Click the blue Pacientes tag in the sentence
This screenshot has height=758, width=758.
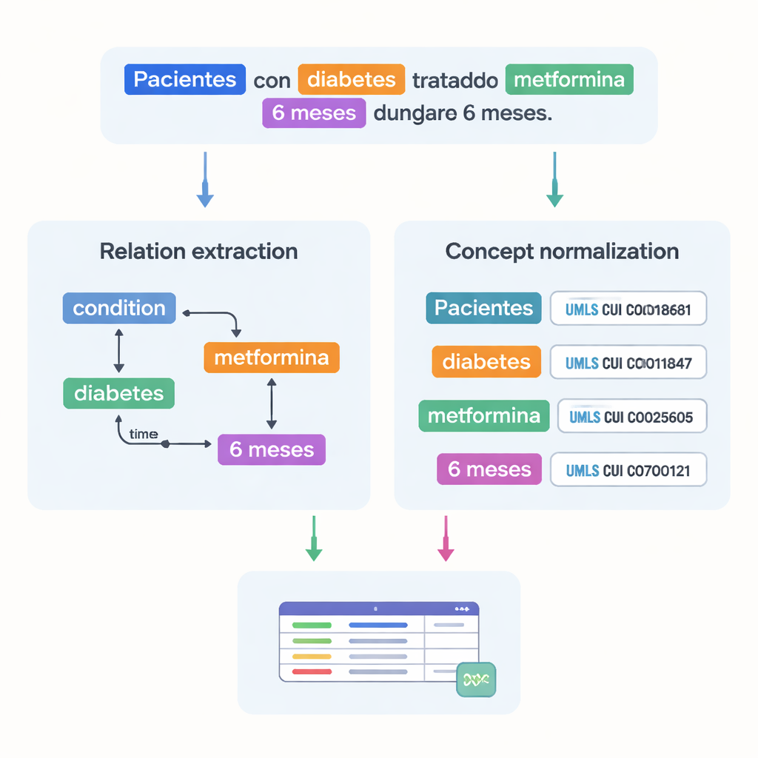tap(185, 80)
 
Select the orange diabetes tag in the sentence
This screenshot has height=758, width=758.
tap(352, 80)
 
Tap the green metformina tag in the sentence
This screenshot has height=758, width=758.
tap(569, 80)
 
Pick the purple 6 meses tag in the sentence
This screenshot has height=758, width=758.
tap(314, 114)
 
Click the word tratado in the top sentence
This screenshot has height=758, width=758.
tap(455, 81)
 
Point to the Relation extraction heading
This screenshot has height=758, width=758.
tap(198, 251)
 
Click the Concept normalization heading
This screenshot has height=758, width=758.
tap(562, 251)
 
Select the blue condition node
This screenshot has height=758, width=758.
tap(119, 308)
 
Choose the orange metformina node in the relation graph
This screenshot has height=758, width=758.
tap(271, 358)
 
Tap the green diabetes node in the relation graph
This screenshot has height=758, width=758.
tap(118, 393)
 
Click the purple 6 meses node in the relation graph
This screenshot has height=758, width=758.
tap(272, 449)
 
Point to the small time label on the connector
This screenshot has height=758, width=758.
tap(143, 435)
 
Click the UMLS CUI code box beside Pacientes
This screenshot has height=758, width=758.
tap(628, 309)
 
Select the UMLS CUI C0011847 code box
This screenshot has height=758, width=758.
tap(628, 363)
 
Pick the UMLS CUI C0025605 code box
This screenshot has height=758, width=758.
tap(631, 417)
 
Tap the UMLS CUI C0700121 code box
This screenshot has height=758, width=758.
tap(628, 470)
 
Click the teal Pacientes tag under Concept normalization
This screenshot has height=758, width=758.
tap(483, 308)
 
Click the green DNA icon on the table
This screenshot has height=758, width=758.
tap(476, 680)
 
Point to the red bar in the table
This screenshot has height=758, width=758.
tap(312, 671)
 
